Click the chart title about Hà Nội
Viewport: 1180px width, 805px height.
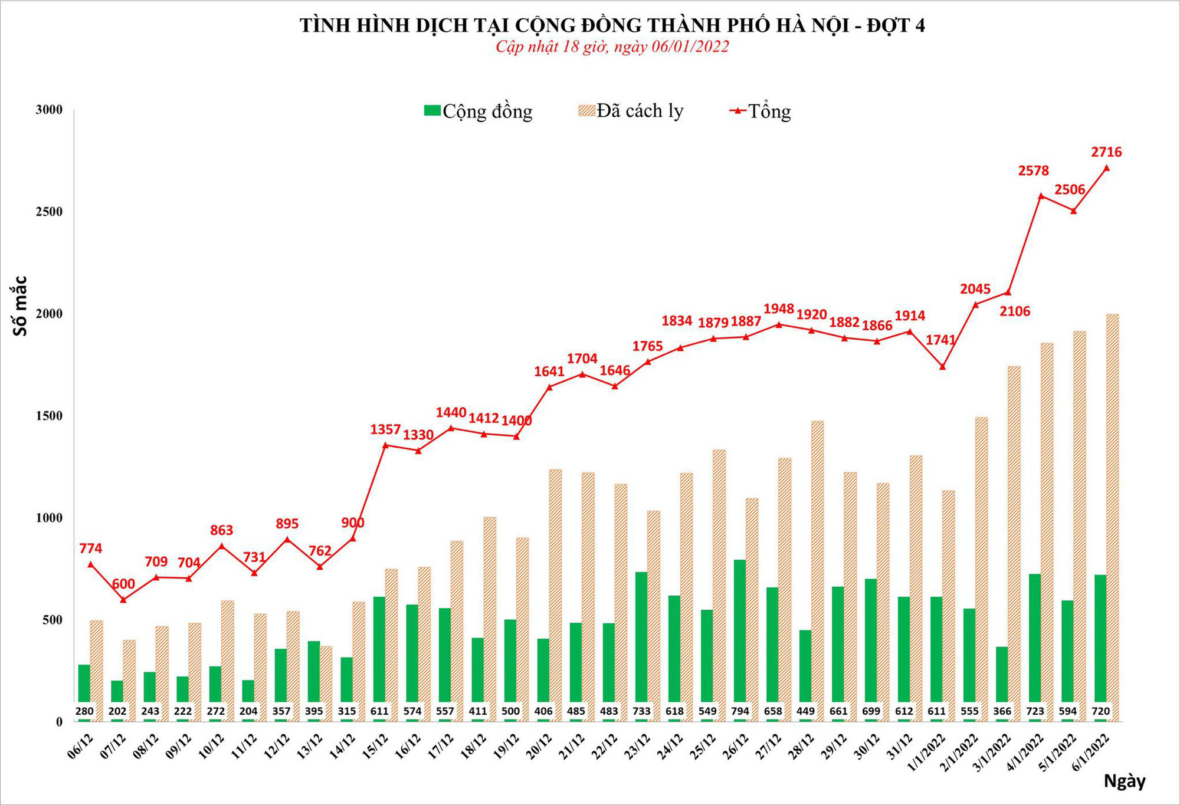(612, 25)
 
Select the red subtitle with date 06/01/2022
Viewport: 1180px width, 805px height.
(612, 47)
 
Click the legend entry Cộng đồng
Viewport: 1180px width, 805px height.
(478, 111)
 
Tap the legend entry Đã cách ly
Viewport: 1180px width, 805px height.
(631, 111)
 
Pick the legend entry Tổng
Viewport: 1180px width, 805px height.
(761, 111)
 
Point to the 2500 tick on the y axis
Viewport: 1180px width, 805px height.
(49, 212)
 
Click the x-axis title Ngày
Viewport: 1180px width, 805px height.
(1125, 781)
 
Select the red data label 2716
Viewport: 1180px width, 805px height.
(1106, 152)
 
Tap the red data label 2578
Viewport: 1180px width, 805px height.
(1034, 171)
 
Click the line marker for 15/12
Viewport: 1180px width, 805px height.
(385, 445)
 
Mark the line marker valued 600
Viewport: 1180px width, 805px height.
(123, 600)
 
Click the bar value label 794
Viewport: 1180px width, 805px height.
(740, 711)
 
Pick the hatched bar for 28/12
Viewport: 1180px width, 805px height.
(817, 566)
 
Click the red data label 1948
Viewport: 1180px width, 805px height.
(779, 309)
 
